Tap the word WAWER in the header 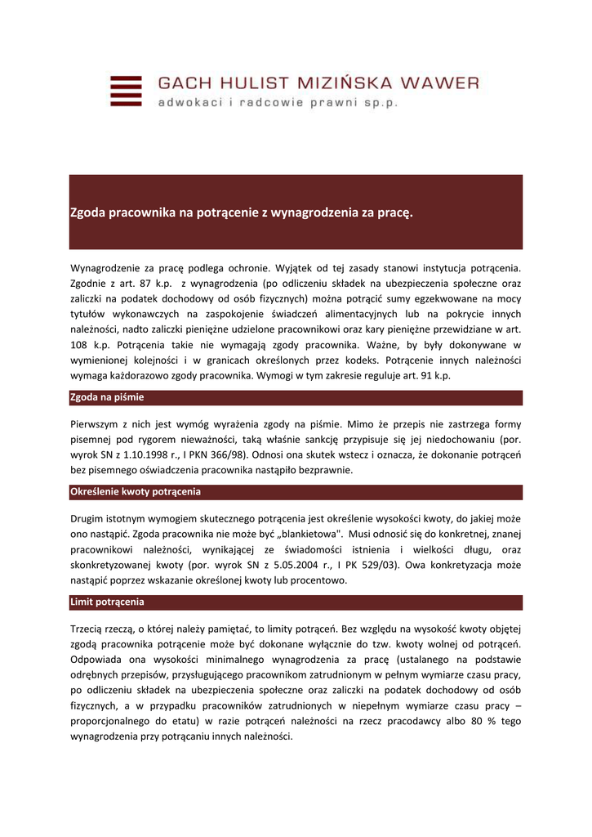coord(438,83)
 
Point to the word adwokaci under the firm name coord(189,103)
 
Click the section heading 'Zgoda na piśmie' coord(108,398)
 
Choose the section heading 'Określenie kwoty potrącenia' coord(136,492)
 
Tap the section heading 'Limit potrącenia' coord(108,602)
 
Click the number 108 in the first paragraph coord(80,345)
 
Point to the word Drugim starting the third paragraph coord(91,518)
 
